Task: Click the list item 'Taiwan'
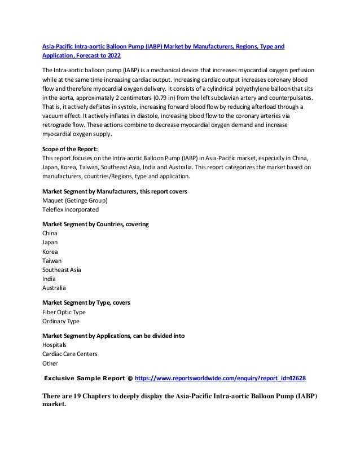pyautogui.click(x=52, y=261)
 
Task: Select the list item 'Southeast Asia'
pyautogui.click(x=62, y=270)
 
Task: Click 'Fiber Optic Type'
pyautogui.click(x=64, y=312)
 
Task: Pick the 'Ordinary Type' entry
pyautogui.click(x=61, y=321)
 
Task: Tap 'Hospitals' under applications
pyautogui.click(x=54, y=344)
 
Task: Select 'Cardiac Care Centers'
pyautogui.click(x=70, y=354)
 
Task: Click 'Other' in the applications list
pyautogui.click(x=50, y=363)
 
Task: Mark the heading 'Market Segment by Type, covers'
pyautogui.click(x=86, y=303)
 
